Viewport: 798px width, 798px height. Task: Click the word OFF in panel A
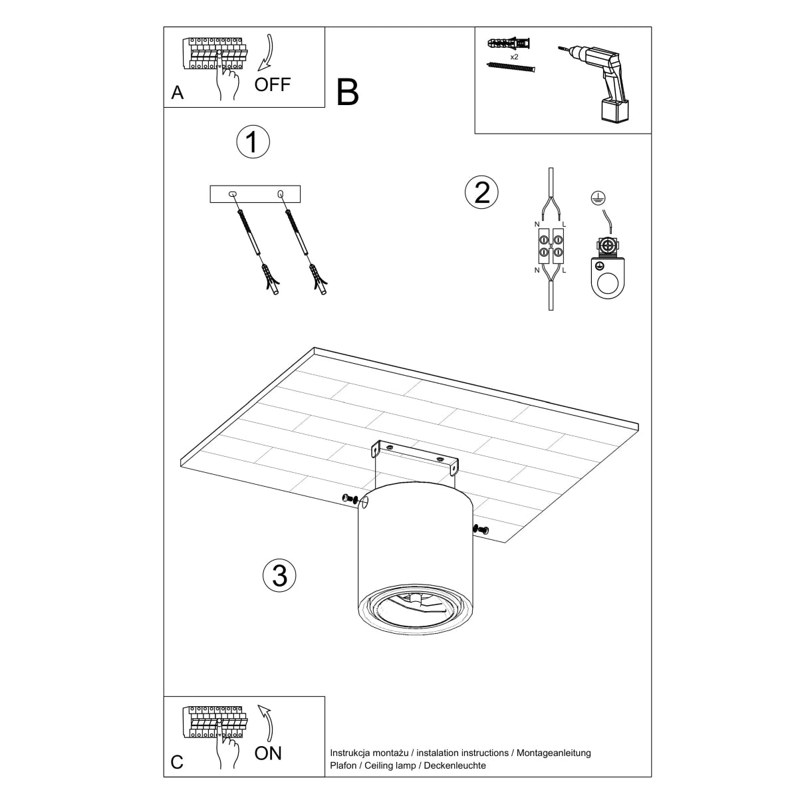pyautogui.click(x=272, y=84)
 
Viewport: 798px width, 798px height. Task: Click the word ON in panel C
pyautogui.click(x=268, y=753)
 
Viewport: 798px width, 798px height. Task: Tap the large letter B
pyautogui.click(x=347, y=92)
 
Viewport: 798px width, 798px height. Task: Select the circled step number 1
pyautogui.click(x=253, y=142)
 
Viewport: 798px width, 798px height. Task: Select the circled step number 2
pyautogui.click(x=481, y=192)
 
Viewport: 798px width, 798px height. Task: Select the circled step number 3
pyautogui.click(x=279, y=575)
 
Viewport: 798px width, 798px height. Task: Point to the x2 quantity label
pyautogui.click(x=514, y=57)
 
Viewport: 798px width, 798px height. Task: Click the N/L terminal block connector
pyautogui.click(x=549, y=245)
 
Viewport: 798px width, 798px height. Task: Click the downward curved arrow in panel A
pyautogui.click(x=266, y=53)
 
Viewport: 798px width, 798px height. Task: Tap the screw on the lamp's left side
pyautogui.click(x=350, y=499)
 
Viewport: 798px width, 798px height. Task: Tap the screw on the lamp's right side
pyautogui.click(x=481, y=529)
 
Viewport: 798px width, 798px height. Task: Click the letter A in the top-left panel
pyautogui.click(x=177, y=92)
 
